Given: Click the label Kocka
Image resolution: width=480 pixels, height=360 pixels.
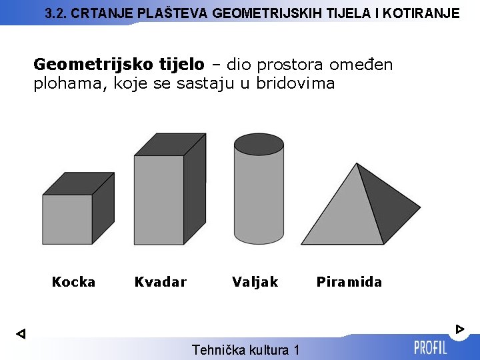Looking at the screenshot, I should click(x=73, y=282).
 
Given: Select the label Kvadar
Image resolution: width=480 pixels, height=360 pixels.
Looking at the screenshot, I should click(x=161, y=282).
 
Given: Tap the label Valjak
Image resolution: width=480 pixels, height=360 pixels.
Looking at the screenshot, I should click(x=255, y=282).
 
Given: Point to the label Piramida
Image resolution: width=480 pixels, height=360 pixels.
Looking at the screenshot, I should click(x=349, y=282).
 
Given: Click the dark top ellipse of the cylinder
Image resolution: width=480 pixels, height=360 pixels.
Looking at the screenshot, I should click(x=259, y=143).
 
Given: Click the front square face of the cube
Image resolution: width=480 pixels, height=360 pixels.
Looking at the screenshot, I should click(x=67, y=219).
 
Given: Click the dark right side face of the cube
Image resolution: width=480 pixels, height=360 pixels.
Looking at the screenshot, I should click(x=103, y=207).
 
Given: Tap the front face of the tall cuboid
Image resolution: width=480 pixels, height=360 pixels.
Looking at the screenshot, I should click(x=159, y=200).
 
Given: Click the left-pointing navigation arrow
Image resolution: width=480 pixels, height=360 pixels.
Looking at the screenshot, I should click(x=21, y=333).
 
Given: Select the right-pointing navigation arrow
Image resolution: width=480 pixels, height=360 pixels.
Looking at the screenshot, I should click(x=460, y=329).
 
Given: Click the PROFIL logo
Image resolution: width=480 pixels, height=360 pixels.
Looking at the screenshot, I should click(x=430, y=347).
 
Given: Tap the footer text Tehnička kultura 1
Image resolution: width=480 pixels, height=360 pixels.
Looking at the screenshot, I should click(x=245, y=350).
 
